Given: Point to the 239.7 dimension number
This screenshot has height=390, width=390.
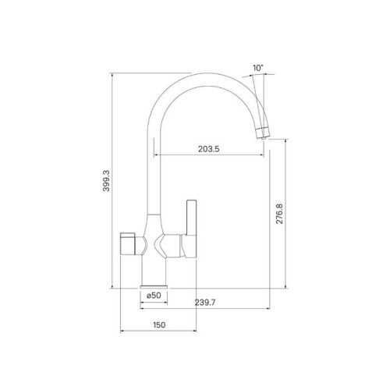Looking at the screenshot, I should point(204,304).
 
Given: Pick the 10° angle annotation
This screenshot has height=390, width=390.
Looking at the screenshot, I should point(259,68).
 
